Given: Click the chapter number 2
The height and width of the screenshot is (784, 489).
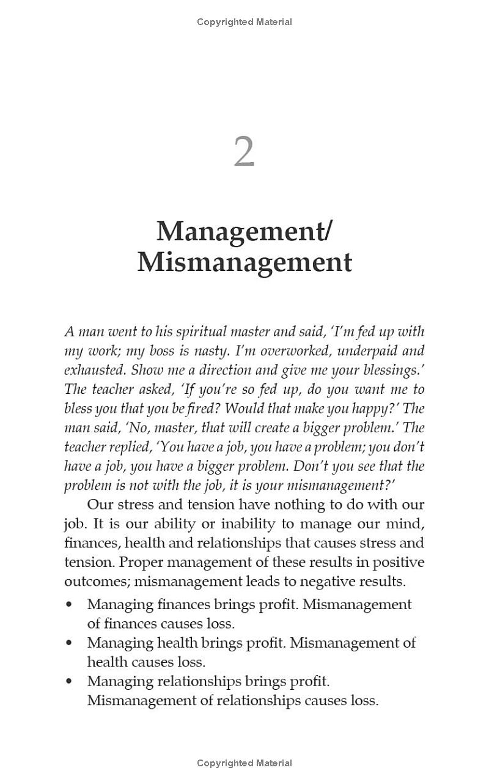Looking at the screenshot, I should (244, 152).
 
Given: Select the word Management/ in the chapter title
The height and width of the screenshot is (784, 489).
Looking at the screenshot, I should (244, 231).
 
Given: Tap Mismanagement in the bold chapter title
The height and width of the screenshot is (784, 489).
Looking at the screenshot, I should (244, 262).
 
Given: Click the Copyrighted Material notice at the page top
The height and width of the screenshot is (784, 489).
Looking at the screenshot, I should (244, 22).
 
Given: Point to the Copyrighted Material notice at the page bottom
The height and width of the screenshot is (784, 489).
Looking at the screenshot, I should (244, 763).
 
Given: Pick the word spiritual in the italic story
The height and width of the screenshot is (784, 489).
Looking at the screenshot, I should (201, 332).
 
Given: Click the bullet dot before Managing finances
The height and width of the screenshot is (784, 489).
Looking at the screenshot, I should (68, 605).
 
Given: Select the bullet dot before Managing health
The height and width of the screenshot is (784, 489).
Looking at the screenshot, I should (68, 643).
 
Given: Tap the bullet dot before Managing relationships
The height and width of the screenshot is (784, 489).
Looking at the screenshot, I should (68, 681).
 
